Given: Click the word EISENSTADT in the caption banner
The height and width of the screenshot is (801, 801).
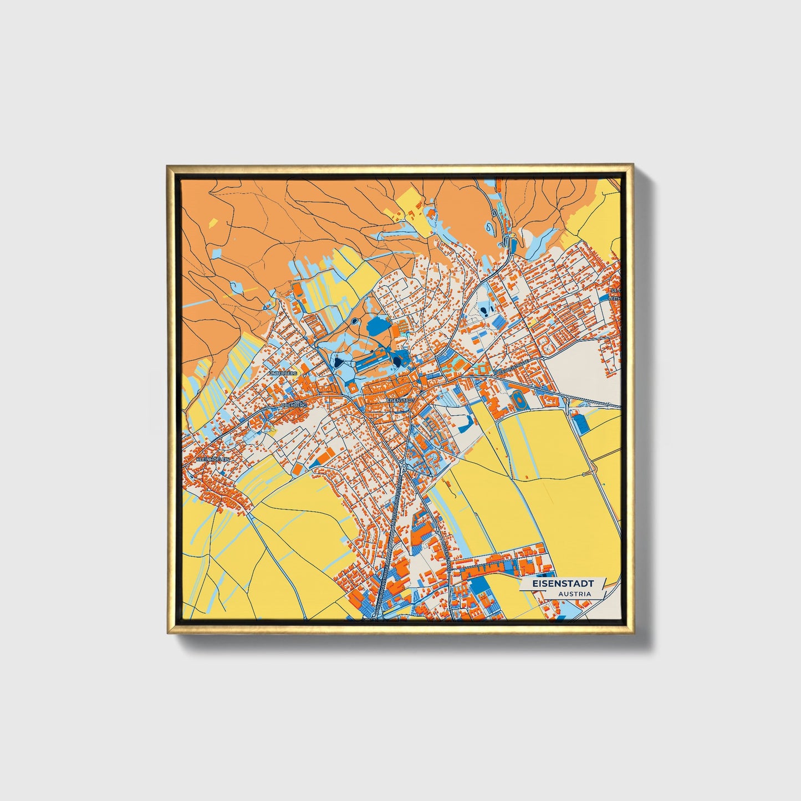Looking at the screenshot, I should [563, 584].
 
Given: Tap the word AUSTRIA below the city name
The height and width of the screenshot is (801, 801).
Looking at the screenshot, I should [574, 594].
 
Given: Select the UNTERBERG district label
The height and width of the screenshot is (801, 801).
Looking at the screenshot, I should [283, 374].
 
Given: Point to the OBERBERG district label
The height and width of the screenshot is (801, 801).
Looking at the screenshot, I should [294, 405].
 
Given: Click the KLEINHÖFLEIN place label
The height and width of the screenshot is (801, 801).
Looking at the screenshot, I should [208, 460].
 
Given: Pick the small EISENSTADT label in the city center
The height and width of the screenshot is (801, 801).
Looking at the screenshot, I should [400, 400].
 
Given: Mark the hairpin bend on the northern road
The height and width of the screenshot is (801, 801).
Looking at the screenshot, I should [506, 242].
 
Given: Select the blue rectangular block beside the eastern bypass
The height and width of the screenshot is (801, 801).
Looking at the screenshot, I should [579, 424].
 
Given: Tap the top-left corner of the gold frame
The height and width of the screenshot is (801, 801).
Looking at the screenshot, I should [168, 166].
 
